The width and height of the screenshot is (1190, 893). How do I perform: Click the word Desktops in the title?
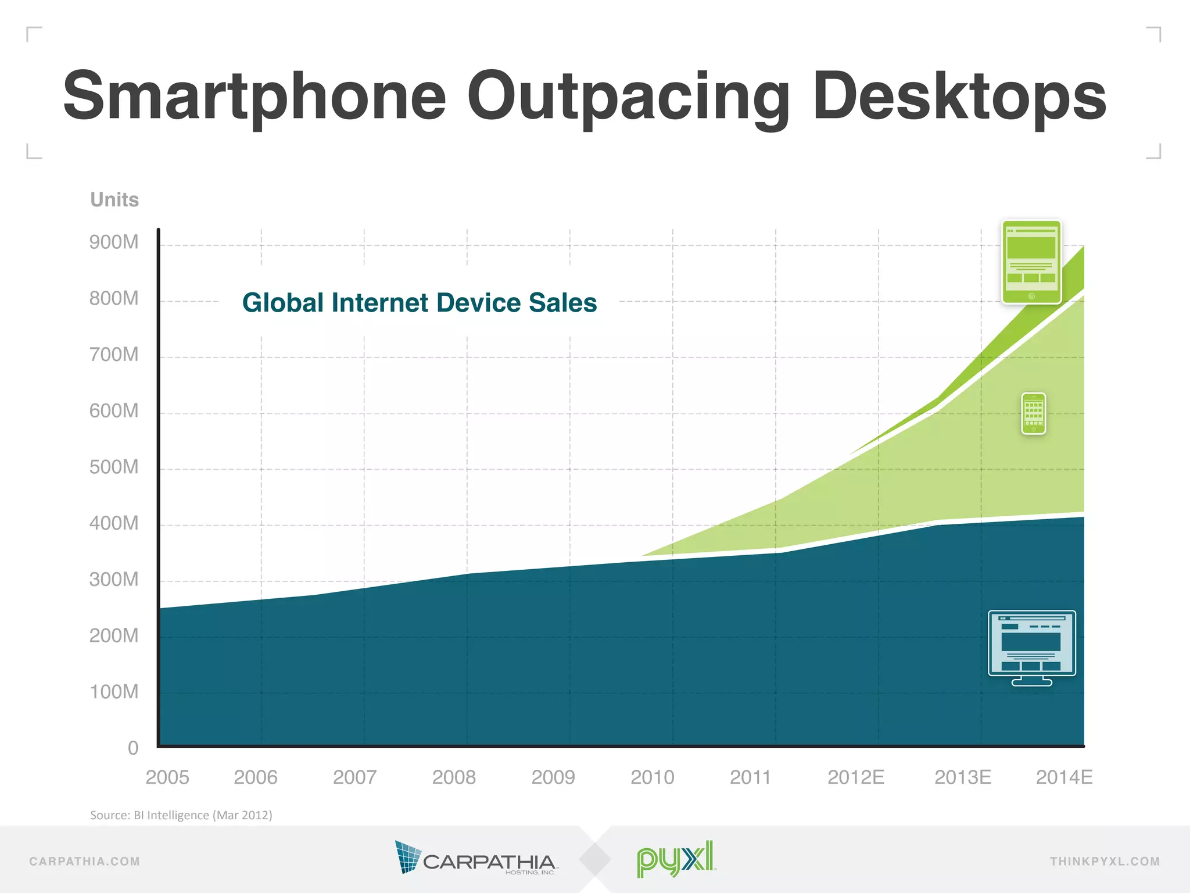pyautogui.click(x=959, y=97)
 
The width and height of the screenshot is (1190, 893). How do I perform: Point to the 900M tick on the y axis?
pyautogui.click(x=114, y=242)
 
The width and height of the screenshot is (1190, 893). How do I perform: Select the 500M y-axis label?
pyautogui.click(x=114, y=467)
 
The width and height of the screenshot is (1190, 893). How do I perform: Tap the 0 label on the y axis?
pyautogui.click(x=133, y=748)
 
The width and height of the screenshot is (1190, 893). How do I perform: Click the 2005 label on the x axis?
pyautogui.click(x=167, y=777)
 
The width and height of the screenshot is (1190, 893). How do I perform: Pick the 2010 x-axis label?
pyautogui.click(x=652, y=777)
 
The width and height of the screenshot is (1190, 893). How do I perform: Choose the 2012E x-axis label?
pyautogui.click(x=855, y=777)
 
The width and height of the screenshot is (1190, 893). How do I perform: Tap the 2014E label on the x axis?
pyautogui.click(x=1064, y=777)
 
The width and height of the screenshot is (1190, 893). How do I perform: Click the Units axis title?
pyautogui.click(x=114, y=200)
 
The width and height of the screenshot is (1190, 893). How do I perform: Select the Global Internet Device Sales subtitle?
pyautogui.click(x=420, y=303)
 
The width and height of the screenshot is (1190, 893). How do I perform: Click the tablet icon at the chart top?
pyautogui.click(x=1031, y=262)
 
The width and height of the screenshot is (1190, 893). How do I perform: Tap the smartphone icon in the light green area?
pyautogui.click(x=1033, y=414)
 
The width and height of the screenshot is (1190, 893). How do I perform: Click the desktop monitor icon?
pyautogui.click(x=1031, y=647)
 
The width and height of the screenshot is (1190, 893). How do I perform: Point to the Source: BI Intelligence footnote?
pyautogui.click(x=181, y=815)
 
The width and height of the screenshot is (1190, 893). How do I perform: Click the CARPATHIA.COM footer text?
pyautogui.click(x=85, y=862)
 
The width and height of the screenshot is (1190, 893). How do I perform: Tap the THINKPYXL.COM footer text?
pyautogui.click(x=1105, y=862)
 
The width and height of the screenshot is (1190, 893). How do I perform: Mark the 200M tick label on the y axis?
pyautogui.click(x=114, y=636)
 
